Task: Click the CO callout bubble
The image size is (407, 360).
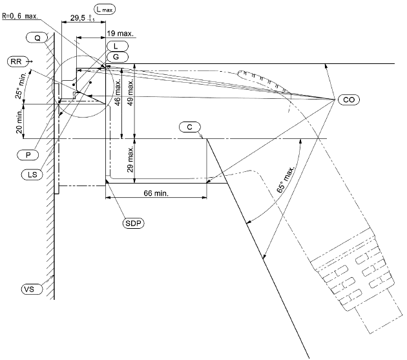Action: (x=349, y=100)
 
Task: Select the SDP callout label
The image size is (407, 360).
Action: (x=133, y=224)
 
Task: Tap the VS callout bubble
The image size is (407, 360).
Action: (x=32, y=289)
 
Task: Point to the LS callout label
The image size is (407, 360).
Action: (x=32, y=175)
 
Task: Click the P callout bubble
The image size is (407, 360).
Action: (x=28, y=155)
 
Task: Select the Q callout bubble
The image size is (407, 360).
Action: (x=37, y=38)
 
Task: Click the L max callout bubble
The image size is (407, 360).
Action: (x=105, y=10)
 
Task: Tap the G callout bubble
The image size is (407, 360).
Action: (x=118, y=57)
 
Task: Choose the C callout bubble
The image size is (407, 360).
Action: (x=190, y=127)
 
